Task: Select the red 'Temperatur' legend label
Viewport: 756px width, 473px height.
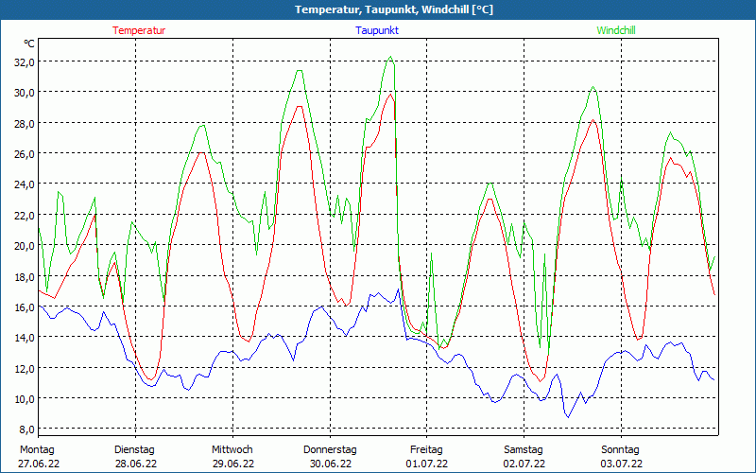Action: [139, 30]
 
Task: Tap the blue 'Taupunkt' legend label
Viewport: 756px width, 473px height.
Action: [377, 30]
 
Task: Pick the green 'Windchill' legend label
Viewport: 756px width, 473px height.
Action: [615, 30]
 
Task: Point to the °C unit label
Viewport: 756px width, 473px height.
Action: [29, 44]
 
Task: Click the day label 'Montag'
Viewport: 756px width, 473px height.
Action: [37, 449]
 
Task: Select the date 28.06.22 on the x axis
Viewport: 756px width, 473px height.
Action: [134, 464]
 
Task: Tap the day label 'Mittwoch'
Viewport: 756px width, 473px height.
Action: [232, 449]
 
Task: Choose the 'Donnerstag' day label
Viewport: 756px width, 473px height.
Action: [330, 449]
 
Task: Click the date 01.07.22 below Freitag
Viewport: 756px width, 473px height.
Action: [426, 464]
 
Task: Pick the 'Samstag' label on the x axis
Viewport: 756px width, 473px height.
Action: [524, 449]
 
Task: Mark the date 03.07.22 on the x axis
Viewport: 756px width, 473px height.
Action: [621, 464]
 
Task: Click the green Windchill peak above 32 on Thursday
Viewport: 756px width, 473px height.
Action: [389, 57]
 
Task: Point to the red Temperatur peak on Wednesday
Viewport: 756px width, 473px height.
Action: [300, 106]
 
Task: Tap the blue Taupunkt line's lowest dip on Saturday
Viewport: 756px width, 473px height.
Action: [568, 416]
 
